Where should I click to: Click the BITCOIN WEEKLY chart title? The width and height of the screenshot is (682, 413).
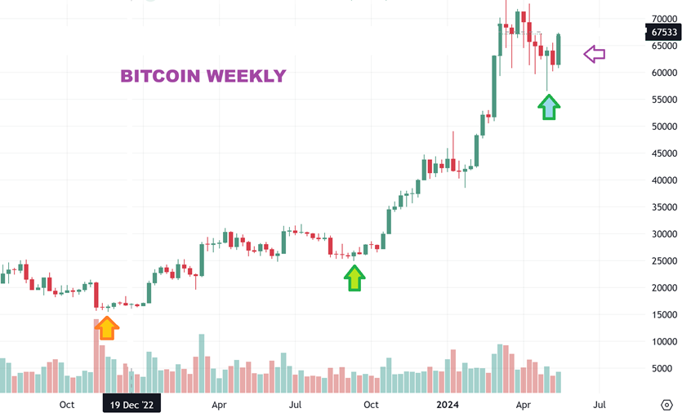pyautogui.click(x=203, y=76)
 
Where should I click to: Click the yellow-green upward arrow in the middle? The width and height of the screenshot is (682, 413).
pyautogui.click(x=354, y=278)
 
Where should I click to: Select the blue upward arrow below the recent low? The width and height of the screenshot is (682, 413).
pyautogui.click(x=549, y=106)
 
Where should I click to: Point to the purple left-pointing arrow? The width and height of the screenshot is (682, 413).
pyautogui.click(x=594, y=55)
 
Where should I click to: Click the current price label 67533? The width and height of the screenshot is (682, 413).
pyautogui.click(x=663, y=33)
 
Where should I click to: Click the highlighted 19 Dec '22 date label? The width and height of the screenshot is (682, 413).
pyautogui.click(x=131, y=404)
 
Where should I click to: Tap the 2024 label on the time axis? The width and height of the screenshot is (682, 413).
pyautogui.click(x=447, y=404)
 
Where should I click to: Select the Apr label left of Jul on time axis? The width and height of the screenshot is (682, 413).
pyautogui.click(x=524, y=404)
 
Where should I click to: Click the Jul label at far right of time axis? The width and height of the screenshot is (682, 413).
pyautogui.click(x=600, y=404)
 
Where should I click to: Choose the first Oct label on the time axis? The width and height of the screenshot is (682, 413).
pyautogui.click(x=67, y=404)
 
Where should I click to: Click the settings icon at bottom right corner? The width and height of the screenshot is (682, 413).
pyautogui.click(x=666, y=404)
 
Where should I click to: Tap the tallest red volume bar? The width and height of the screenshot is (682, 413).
pyautogui.click(x=97, y=356)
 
